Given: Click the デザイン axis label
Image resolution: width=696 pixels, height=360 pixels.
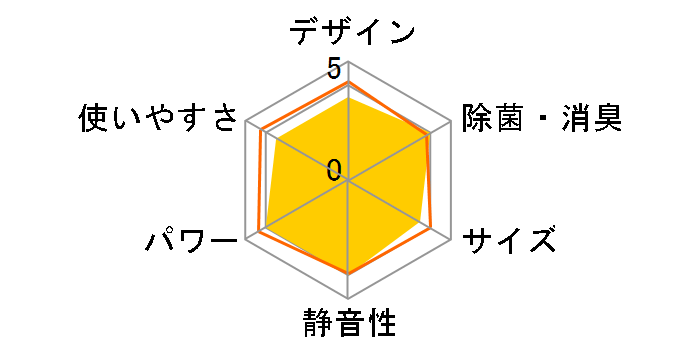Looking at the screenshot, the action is point(352,32).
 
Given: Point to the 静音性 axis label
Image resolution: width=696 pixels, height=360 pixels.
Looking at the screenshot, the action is point(348,325).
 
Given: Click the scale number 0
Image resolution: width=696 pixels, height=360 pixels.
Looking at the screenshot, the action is point(333,169).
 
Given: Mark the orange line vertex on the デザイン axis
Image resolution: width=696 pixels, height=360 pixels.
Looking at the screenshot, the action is point(348,81).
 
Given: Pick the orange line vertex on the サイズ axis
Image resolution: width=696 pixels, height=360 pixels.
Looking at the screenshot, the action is point(432,229).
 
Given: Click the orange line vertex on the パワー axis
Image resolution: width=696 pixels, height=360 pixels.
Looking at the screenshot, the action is point(259,232).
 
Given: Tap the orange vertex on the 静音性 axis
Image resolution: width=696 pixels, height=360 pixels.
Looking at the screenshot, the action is point(348,272).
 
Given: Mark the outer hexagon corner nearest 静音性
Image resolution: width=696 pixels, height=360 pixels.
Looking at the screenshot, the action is point(348,298).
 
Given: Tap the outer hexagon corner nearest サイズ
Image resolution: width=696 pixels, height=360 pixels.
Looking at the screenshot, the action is point(450,239).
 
